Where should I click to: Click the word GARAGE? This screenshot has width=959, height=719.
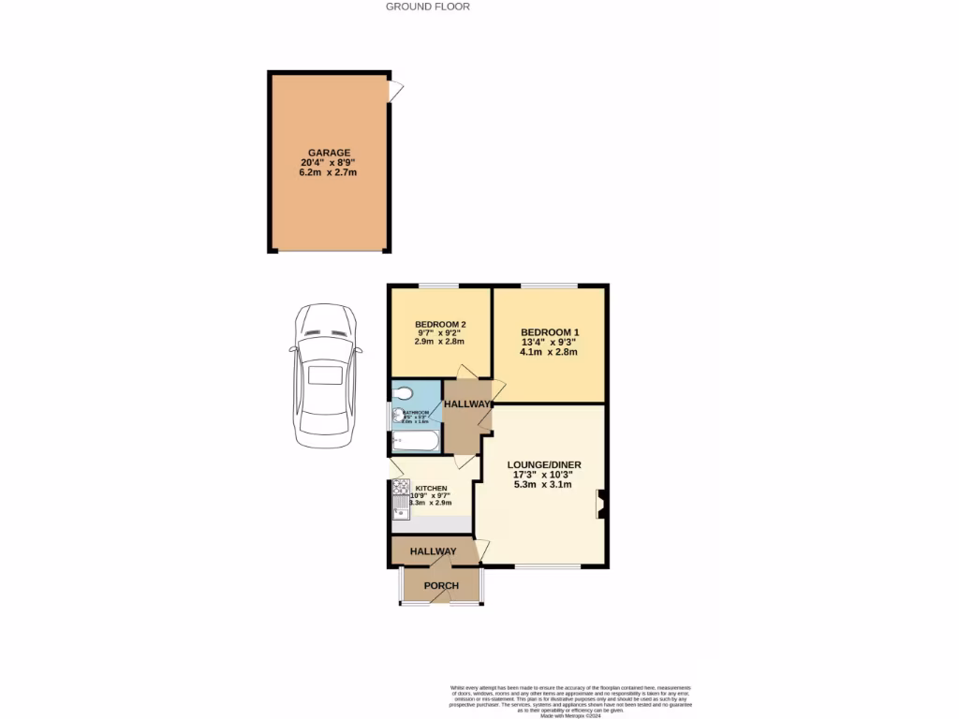(x=329, y=153)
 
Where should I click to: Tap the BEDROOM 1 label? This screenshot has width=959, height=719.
(x=550, y=331)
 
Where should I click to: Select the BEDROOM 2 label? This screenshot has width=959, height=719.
(x=440, y=325)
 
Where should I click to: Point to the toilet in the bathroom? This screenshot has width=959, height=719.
(x=404, y=393)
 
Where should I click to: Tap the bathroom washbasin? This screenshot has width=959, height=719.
(x=398, y=416)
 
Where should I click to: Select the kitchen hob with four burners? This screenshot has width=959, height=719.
(x=401, y=488)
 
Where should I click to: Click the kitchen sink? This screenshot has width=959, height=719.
(x=401, y=510)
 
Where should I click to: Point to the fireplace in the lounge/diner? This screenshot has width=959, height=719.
(x=600, y=505)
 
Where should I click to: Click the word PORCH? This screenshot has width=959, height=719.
(x=441, y=586)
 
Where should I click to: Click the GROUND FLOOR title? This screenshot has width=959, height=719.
(x=427, y=7)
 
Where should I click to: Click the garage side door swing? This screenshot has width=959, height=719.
(x=397, y=90)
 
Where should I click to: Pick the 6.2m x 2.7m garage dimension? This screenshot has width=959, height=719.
(x=329, y=173)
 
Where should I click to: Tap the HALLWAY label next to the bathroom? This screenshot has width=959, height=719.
(x=467, y=404)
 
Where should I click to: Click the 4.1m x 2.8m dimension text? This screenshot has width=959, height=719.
(x=550, y=353)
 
